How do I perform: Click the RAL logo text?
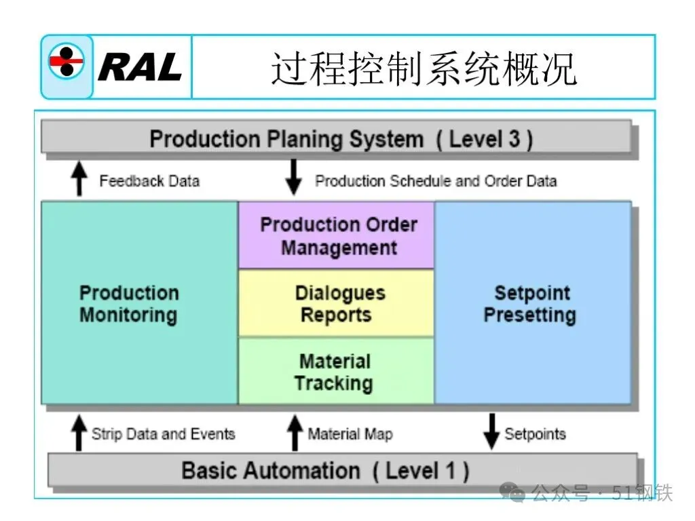point(140,67)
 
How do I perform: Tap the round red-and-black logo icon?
point(67,66)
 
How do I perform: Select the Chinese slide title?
point(424,69)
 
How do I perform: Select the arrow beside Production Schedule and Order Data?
point(293,178)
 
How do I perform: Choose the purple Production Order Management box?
point(337,235)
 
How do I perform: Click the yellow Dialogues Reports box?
point(337,303)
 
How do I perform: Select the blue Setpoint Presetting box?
point(532,303)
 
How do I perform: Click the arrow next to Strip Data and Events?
point(79,433)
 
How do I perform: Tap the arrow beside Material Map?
point(295,433)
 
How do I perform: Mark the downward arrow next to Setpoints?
point(491,431)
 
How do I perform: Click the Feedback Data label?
point(149,181)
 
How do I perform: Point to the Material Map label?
point(350,433)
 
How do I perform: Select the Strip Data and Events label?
point(163,433)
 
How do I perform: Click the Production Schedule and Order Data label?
point(436,181)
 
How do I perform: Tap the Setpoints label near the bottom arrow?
point(535,433)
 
